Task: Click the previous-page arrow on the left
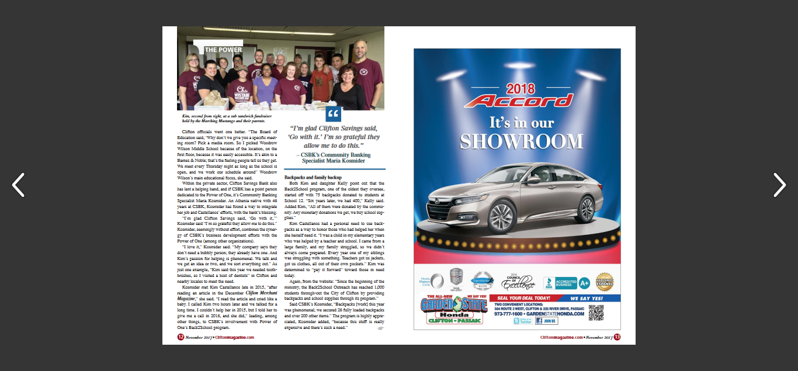[x=18, y=185]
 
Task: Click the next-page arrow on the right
[x=779, y=185]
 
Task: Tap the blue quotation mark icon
[x=334, y=114]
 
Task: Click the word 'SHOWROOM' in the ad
[x=521, y=141]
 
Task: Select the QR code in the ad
[x=595, y=313]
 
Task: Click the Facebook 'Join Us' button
[x=546, y=321]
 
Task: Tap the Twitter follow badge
[x=523, y=321]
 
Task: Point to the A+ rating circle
[x=584, y=283]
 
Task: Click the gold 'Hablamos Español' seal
[x=604, y=282]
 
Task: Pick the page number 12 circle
[x=181, y=337]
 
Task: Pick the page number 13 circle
[x=617, y=337]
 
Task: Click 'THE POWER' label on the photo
[x=223, y=50]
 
